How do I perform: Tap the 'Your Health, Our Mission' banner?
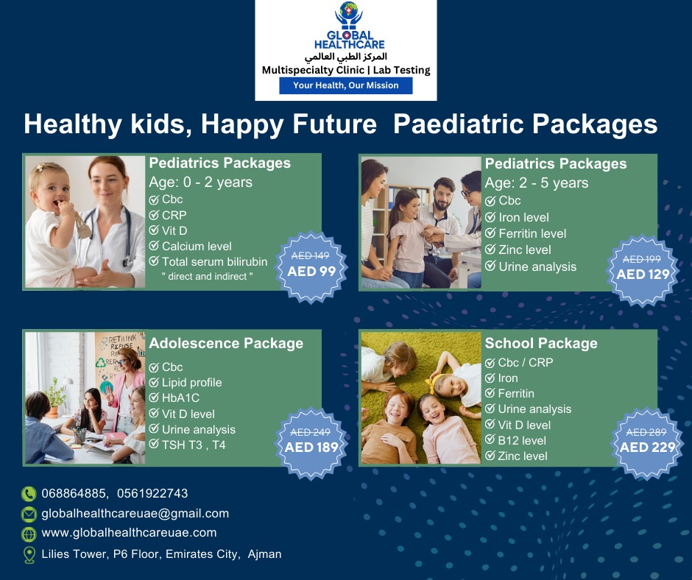(345, 85)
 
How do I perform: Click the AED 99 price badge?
(311, 267)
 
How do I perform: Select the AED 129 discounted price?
(643, 274)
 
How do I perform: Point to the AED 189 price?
(311, 447)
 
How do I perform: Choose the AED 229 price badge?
(647, 444)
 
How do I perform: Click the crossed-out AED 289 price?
(646, 432)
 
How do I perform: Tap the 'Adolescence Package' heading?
(226, 344)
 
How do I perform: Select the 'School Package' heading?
(541, 344)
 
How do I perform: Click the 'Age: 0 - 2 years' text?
(200, 183)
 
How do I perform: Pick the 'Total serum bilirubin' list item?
(214, 262)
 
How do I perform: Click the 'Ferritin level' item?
(532, 233)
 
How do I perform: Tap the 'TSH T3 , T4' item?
(194, 445)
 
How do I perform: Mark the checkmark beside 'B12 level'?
(490, 439)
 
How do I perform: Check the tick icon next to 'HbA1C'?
(154, 397)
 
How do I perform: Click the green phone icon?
(29, 494)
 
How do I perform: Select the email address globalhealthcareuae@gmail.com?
(135, 513)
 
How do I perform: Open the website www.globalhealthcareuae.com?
(129, 533)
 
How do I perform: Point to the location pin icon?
(29, 555)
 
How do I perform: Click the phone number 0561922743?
(152, 493)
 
